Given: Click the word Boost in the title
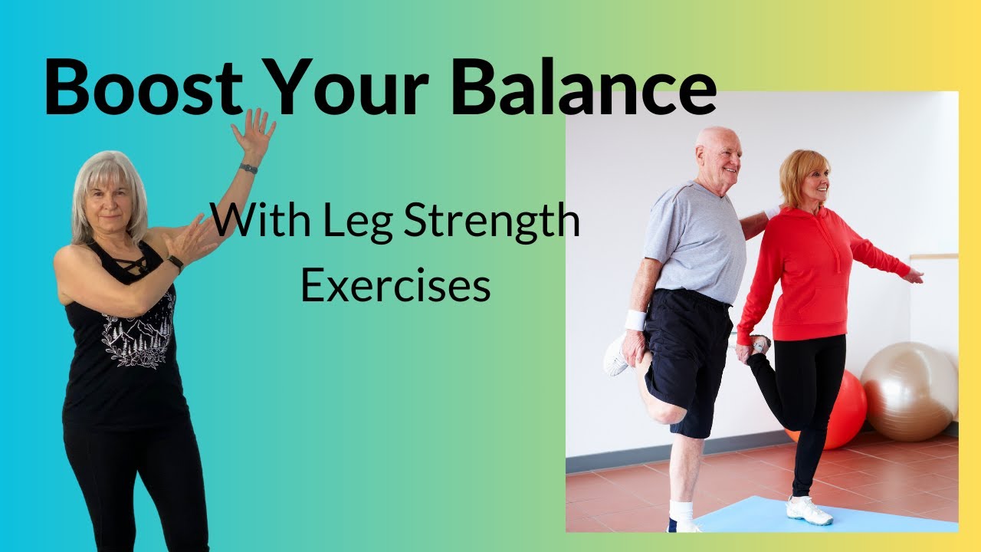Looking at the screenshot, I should pos(143,90).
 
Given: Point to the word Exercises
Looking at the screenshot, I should pos(395,286).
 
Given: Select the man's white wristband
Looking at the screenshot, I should pos(635,320).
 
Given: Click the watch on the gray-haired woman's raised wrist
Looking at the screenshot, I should pos(248,169).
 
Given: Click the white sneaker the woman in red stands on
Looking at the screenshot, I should pos(809,510).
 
